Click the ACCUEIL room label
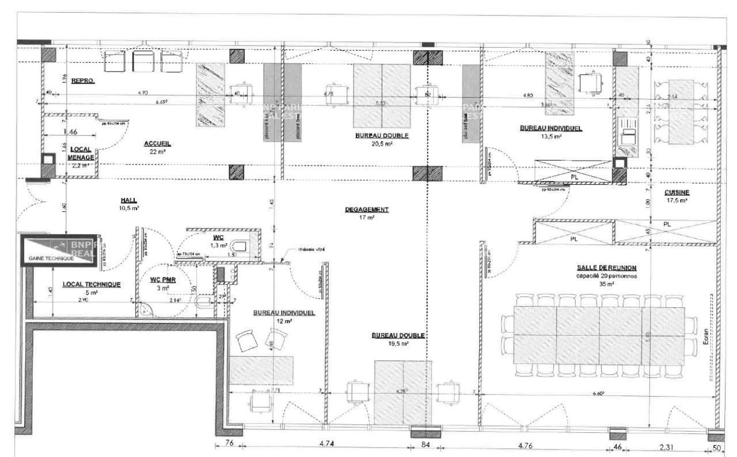158,143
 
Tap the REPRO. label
83,81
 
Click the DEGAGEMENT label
367,210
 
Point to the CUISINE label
661,192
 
